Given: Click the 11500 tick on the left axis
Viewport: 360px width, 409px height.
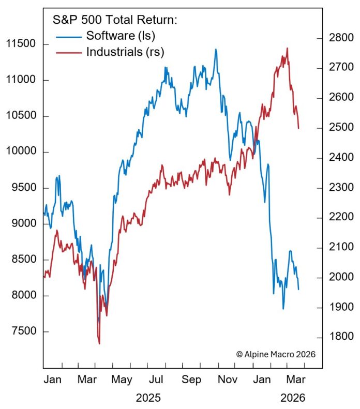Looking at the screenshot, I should point(21,44).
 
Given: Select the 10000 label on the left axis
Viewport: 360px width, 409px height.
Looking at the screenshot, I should point(21,152).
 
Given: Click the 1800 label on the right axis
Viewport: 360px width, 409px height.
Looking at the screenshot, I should point(339,337).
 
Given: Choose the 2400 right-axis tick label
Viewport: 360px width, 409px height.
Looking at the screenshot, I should point(339,157).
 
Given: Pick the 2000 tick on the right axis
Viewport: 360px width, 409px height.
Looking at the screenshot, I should point(339,277).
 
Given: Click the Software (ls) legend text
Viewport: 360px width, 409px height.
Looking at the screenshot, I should point(121,36).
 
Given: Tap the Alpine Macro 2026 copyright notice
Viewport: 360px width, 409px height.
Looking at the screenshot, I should point(276,354).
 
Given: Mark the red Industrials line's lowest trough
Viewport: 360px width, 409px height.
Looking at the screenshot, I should point(99,343).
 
